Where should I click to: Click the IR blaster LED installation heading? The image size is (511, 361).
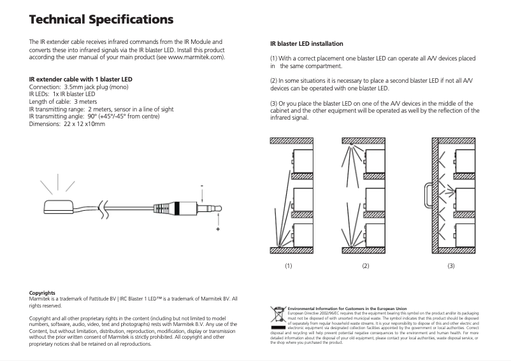click(x=307, y=43)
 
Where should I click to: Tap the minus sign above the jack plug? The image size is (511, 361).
click(x=202, y=187)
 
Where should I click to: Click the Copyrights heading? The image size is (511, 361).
click(x=42, y=293)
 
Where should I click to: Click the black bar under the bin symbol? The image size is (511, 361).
click(x=278, y=327)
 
